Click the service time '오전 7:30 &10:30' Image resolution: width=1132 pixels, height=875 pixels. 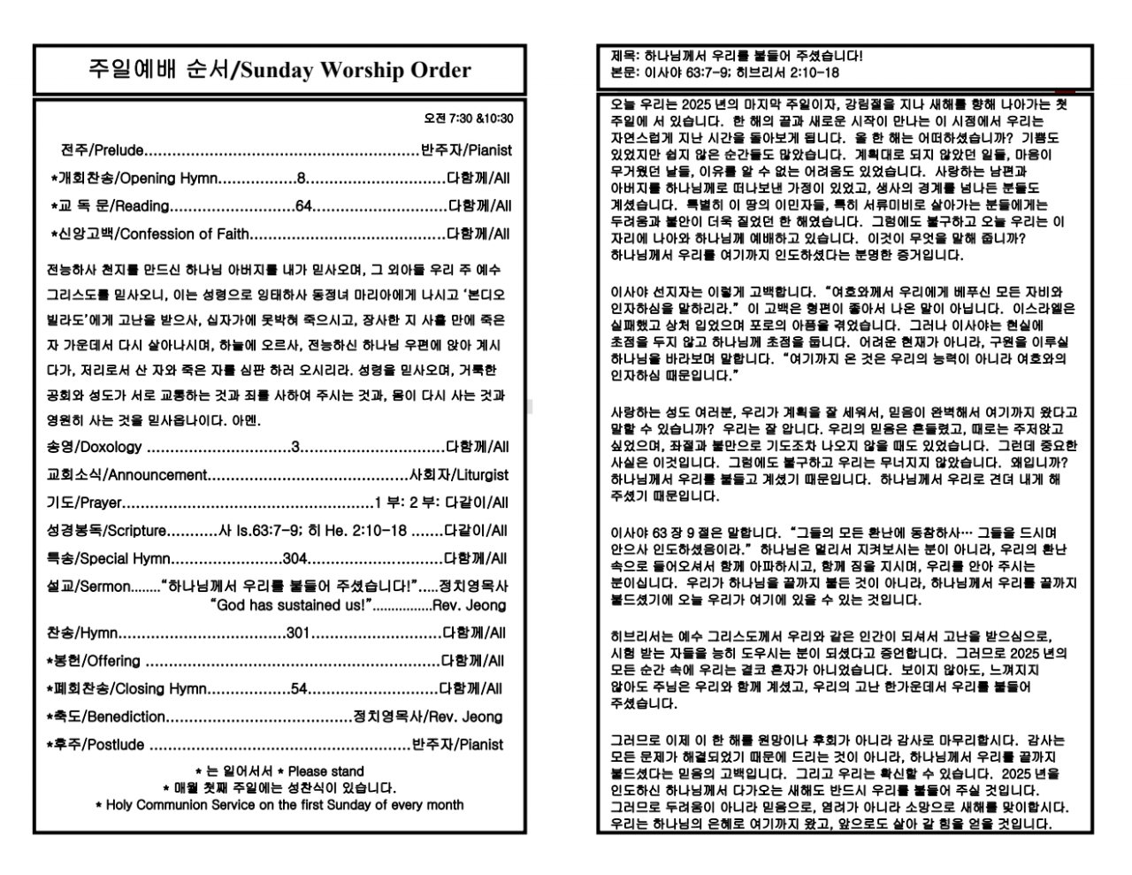469,119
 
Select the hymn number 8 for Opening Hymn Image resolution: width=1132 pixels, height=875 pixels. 301,178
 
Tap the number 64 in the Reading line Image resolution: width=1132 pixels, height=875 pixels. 303,206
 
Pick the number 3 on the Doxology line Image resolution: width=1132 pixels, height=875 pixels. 294,447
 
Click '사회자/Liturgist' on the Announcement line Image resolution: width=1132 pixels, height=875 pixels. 459,475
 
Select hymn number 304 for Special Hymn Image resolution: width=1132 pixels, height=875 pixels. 294,559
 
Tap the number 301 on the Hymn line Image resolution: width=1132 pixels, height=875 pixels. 298,633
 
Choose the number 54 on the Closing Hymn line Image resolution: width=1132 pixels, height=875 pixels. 299,689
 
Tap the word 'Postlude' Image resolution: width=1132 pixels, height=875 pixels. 116,745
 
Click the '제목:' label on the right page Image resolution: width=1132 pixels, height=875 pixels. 622,56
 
